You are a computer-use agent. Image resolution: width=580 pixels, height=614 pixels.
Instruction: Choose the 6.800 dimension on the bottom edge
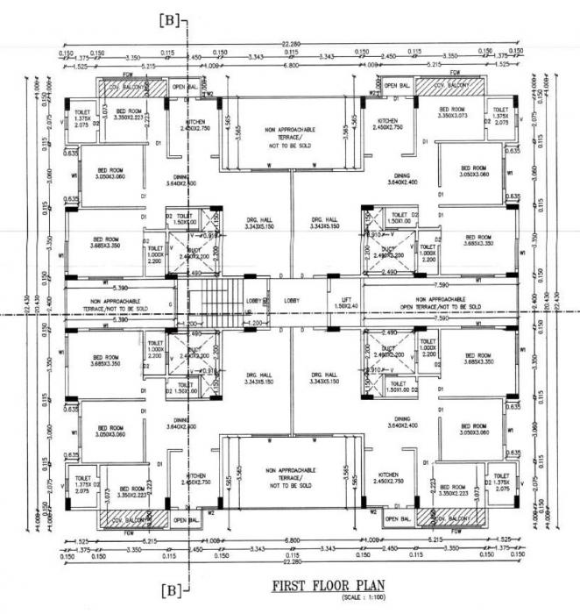pyautogui.click(x=291, y=539)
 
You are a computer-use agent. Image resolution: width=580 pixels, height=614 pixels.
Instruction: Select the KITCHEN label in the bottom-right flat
pyautogui.click(x=387, y=478)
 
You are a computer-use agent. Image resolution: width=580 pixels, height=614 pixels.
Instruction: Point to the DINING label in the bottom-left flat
pyautogui.click(x=182, y=424)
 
